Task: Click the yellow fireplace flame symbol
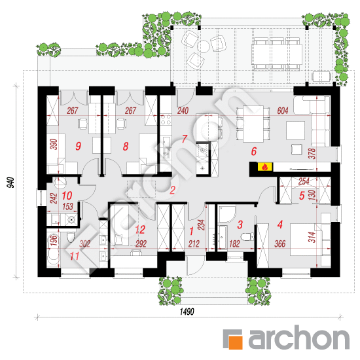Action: pos(265,167)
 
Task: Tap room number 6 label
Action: pos(254,152)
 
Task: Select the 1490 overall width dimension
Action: pos(187,312)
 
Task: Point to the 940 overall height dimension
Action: pos(10,183)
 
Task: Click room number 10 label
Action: pos(67,196)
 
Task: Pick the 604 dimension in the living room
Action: pos(282,111)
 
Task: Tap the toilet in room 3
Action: pos(247,236)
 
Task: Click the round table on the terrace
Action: pos(204,46)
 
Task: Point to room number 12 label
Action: pos(140,230)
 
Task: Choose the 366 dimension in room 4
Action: pos(280,244)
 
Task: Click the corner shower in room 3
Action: pos(227,214)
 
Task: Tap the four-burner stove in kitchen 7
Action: pos(166,119)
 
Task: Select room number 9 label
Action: pos(78,146)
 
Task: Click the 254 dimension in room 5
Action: pos(304,181)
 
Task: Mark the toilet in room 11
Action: pos(71,237)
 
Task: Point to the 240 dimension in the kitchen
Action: pos(183,111)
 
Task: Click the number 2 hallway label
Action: pos(172,190)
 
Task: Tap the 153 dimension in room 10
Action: pos(67,207)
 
